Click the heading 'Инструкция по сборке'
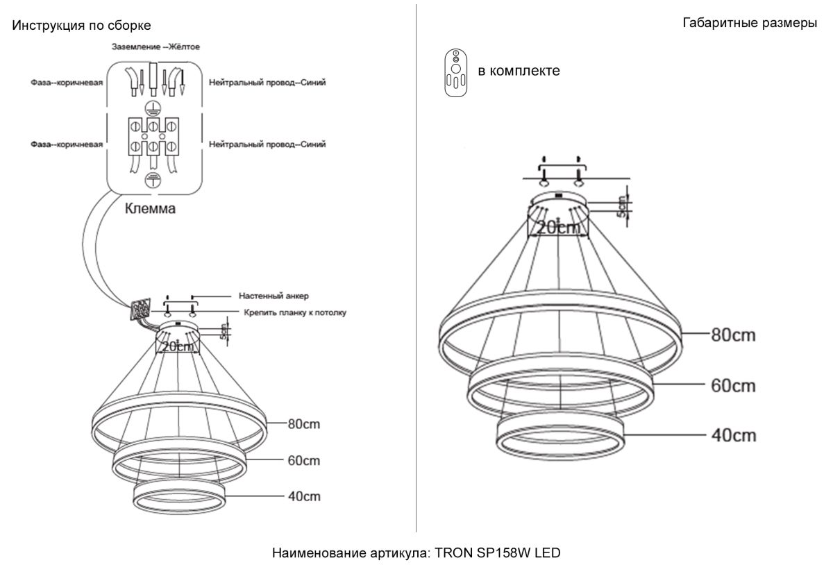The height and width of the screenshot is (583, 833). click(81, 25)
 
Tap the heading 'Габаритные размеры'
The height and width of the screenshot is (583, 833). click(750, 23)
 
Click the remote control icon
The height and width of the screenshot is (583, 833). click(455, 73)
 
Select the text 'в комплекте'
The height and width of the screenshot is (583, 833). click(519, 71)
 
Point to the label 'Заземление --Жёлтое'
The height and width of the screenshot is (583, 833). click(155, 47)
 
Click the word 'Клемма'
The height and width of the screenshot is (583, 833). click(150, 209)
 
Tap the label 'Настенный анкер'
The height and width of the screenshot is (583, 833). click(274, 296)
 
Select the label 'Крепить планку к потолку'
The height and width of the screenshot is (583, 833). click(295, 313)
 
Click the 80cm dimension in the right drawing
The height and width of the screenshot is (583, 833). click(733, 335)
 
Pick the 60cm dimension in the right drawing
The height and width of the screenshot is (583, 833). click(733, 386)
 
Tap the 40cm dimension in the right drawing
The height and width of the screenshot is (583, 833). click(734, 435)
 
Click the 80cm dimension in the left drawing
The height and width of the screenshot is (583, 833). click(304, 424)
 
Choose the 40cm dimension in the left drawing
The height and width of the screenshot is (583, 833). click(304, 496)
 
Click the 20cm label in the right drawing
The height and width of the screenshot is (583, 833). click(558, 227)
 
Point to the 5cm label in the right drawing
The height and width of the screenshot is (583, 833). click(621, 207)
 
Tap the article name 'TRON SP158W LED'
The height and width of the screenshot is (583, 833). click(498, 553)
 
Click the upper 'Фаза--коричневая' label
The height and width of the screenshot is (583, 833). click(67, 83)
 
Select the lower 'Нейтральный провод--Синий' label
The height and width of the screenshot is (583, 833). click(267, 144)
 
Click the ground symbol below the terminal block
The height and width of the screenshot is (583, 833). click(153, 180)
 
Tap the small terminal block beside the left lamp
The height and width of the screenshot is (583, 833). click(140, 308)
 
